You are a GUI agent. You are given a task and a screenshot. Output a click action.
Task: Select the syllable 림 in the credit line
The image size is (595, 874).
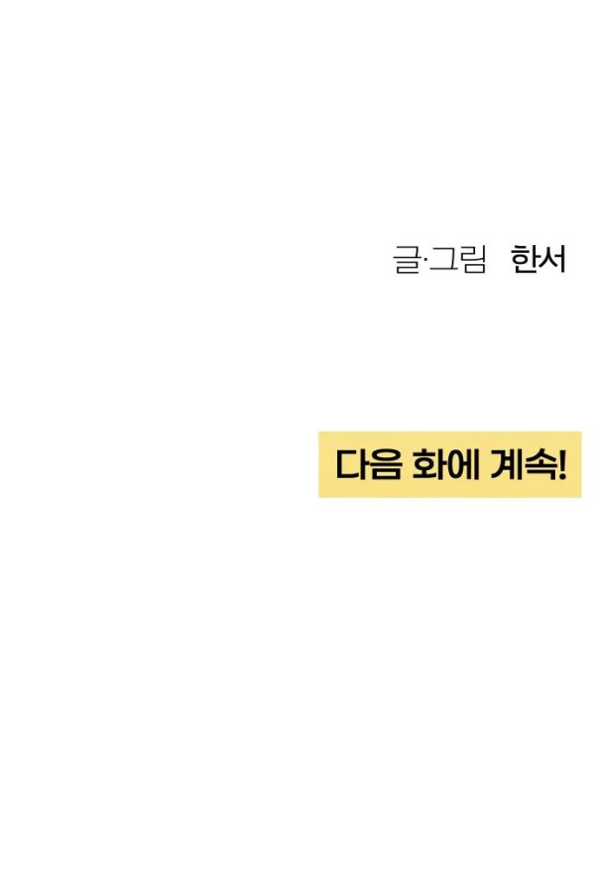[x=473, y=260]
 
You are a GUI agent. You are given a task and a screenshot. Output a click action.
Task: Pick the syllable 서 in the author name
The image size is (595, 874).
[x=552, y=260]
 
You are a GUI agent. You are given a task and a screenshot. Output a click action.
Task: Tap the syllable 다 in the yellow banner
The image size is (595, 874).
[x=351, y=464]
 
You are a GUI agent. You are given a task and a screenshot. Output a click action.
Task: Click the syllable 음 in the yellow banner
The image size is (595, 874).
[x=384, y=464]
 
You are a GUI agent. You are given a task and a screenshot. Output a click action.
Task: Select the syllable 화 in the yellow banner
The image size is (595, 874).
[x=426, y=464]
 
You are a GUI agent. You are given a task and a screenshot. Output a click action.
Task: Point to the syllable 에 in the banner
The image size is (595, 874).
[x=461, y=464]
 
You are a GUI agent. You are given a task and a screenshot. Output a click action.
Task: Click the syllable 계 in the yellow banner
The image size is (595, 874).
[x=507, y=464]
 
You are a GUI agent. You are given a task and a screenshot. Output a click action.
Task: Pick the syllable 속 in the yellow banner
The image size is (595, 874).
[x=540, y=465]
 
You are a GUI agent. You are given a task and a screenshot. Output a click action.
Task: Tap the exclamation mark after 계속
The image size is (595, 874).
[x=562, y=464]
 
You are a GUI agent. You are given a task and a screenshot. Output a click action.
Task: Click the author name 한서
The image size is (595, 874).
[x=538, y=260]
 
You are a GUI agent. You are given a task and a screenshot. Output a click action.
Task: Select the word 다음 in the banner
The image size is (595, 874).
[x=368, y=464]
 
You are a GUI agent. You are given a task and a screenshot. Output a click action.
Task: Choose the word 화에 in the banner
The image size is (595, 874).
[x=444, y=464]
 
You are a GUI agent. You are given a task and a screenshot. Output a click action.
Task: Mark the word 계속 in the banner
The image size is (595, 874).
[x=524, y=464]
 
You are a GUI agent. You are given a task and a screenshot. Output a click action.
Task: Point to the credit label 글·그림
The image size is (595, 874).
[x=440, y=260]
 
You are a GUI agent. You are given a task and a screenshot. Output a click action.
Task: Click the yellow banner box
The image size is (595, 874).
[x=449, y=464]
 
